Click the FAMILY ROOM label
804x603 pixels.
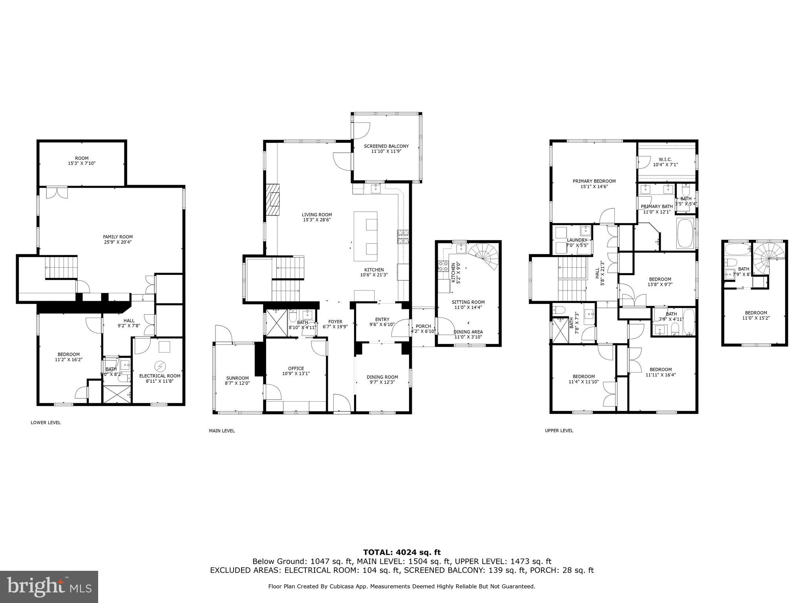click(118, 237)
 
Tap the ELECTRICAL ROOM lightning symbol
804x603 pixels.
click(160, 366)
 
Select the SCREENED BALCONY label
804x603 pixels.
click(386, 146)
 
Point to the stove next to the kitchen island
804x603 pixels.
click(403, 237)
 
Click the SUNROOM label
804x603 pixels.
click(237, 378)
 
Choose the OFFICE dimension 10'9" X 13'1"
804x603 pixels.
click(296, 373)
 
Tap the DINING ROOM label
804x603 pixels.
click(382, 377)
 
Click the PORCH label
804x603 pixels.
click(423, 326)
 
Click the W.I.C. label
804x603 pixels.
click(665, 159)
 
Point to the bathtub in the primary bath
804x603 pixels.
click(685, 233)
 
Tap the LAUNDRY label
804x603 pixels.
click(577, 240)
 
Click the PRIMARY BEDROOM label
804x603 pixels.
click(594, 181)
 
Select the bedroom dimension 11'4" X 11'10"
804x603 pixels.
click(584, 381)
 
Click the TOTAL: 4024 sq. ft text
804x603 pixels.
click(402, 552)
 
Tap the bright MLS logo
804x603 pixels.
click(49, 587)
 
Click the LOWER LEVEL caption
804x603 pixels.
click(46, 423)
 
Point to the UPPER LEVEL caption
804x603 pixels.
click(559, 431)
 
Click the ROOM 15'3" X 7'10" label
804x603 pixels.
click(82, 158)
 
